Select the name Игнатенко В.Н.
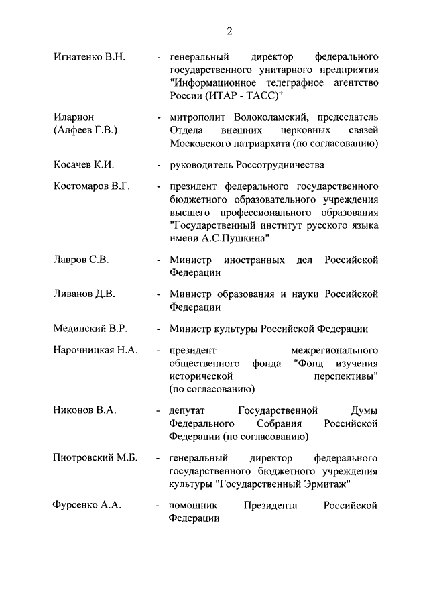89,58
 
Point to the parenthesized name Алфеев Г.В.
85,130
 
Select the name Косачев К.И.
84,164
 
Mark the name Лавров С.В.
80,260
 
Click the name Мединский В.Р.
90,328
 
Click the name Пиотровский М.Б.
95,458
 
